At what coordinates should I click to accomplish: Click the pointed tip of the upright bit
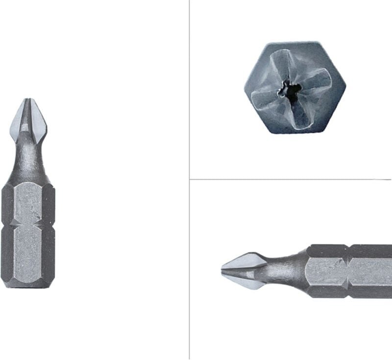(x=27, y=100)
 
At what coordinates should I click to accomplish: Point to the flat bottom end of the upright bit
(x=28, y=286)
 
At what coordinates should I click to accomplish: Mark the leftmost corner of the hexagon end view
(x=244, y=88)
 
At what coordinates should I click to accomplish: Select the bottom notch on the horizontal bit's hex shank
(x=349, y=296)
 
